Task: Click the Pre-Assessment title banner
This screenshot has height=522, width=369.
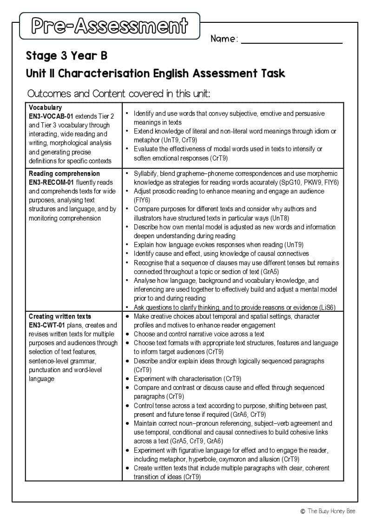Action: pos(110,26)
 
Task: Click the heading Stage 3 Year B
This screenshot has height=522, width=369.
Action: pos(66,56)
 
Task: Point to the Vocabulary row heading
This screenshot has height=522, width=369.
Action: pos(45,107)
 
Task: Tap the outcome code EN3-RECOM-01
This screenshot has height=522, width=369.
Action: pos(51,182)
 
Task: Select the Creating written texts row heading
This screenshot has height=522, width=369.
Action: pos(60,316)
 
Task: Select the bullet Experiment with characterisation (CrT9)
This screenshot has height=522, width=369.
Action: pos(187,379)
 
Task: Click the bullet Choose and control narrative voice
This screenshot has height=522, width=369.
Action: pos(199,334)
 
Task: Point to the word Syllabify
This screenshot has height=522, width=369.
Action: pos(147,174)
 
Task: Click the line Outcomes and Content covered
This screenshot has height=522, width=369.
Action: pos(119,94)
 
